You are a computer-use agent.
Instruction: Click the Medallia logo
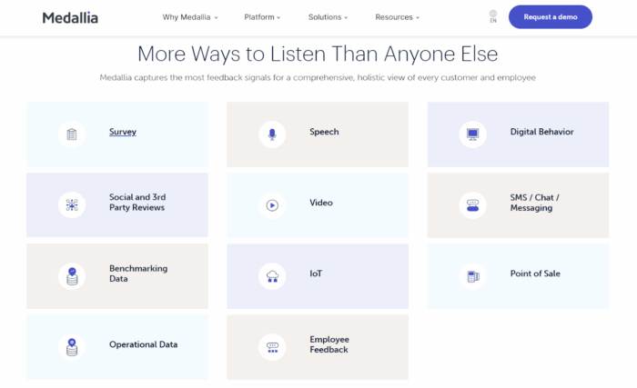[70, 17]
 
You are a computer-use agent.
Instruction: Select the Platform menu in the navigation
[262, 17]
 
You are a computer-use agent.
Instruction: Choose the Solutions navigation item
[328, 17]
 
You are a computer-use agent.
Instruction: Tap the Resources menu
[397, 17]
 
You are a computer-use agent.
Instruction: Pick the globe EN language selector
[493, 16]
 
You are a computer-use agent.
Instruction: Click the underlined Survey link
[123, 133]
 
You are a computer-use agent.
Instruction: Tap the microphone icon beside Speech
[271, 134]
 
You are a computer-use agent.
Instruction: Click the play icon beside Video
[271, 205]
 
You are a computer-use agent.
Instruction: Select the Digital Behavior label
[541, 133]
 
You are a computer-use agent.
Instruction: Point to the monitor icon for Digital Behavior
[471, 134]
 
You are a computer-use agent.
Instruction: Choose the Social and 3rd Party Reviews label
[137, 203]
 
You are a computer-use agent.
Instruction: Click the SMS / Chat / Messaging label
[534, 203]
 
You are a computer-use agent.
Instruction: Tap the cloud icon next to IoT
[271, 275]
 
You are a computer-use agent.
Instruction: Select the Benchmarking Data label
[138, 274]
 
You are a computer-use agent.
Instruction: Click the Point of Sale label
[535, 274]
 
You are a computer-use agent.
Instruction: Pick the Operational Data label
[143, 345]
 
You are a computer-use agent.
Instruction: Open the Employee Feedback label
[329, 344]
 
